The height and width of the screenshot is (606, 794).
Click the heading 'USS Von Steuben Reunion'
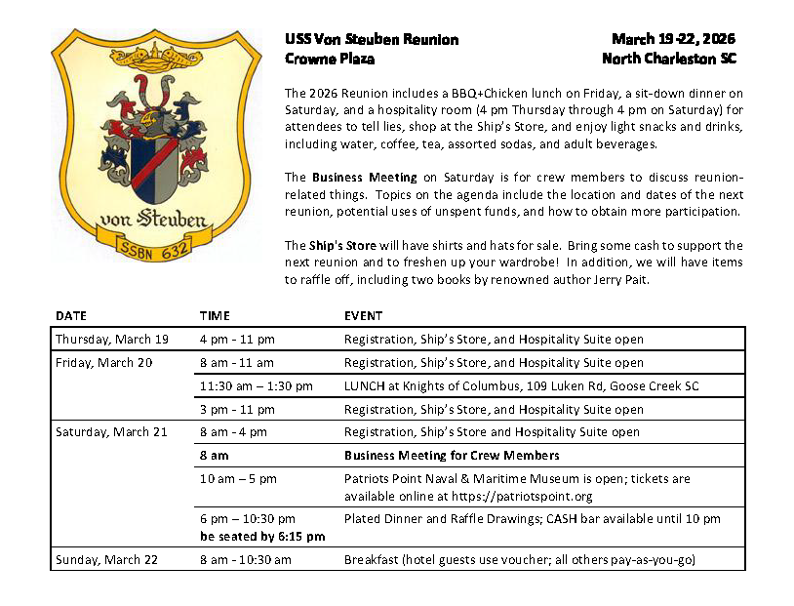[x=372, y=39]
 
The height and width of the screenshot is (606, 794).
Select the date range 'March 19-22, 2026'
[x=673, y=39]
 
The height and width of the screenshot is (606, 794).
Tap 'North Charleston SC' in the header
[x=669, y=59]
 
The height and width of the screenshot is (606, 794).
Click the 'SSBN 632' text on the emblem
[x=155, y=246]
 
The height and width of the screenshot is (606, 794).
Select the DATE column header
[x=70, y=316]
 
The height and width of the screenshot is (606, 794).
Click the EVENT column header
[x=363, y=316]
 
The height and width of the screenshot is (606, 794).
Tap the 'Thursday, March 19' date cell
[x=112, y=340]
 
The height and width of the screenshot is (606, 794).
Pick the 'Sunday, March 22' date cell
[x=105, y=559]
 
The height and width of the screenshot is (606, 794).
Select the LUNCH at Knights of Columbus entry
[x=521, y=386]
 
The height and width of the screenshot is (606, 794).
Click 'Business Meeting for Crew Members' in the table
[x=452, y=456]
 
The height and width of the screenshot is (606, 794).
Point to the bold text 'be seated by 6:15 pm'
[x=262, y=536]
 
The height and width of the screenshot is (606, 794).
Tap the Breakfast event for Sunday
[x=519, y=559]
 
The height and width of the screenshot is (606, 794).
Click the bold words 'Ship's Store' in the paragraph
[x=336, y=245]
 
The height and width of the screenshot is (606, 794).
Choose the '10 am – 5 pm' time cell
[x=238, y=479]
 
